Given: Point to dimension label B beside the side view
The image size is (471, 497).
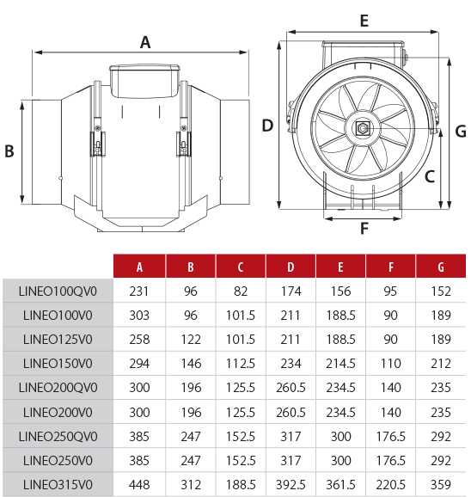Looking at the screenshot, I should click(x=9, y=150).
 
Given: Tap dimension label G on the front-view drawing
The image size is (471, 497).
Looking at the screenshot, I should click(x=460, y=131).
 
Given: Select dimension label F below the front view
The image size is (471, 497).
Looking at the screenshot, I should click(x=364, y=229).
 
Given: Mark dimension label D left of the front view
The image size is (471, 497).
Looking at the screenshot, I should click(x=267, y=126).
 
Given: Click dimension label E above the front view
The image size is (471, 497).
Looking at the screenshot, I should click(x=364, y=21).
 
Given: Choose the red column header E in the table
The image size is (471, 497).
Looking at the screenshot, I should click(x=340, y=267).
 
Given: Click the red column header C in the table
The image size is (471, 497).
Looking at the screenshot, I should click(x=240, y=267).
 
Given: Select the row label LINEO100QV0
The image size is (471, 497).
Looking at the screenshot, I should click(x=58, y=291).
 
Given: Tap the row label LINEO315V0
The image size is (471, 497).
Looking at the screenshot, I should click(x=58, y=484).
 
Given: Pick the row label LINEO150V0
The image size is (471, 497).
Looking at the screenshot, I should click(x=58, y=364).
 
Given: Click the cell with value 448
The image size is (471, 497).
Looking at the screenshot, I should click(x=139, y=484).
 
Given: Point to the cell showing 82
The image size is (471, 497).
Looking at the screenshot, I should click(x=240, y=291).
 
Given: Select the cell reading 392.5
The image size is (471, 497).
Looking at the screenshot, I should click(x=291, y=484).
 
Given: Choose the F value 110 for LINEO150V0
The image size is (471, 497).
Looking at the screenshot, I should click(x=391, y=364).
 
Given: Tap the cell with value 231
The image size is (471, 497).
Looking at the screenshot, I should click(x=139, y=291).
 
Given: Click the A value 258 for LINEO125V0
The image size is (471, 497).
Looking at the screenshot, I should click(x=139, y=340).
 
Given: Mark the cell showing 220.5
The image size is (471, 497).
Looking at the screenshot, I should click(x=391, y=484).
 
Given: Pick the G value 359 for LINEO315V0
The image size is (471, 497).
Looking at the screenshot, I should click(x=441, y=484).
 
